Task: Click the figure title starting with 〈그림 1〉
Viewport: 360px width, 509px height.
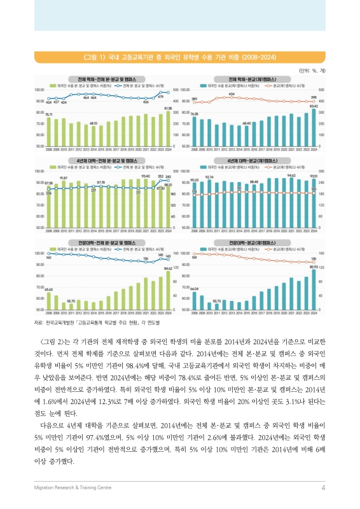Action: pyautogui.click(x=179, y=57)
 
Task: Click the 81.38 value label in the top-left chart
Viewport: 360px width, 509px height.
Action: pyautogui.click(x=168, y=109)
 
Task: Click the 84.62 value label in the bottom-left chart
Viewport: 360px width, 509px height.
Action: pyautogui.click(x=168, y=269)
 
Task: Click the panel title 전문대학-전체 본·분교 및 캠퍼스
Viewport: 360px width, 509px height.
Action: pyautogui.click(x=104, y=242)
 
